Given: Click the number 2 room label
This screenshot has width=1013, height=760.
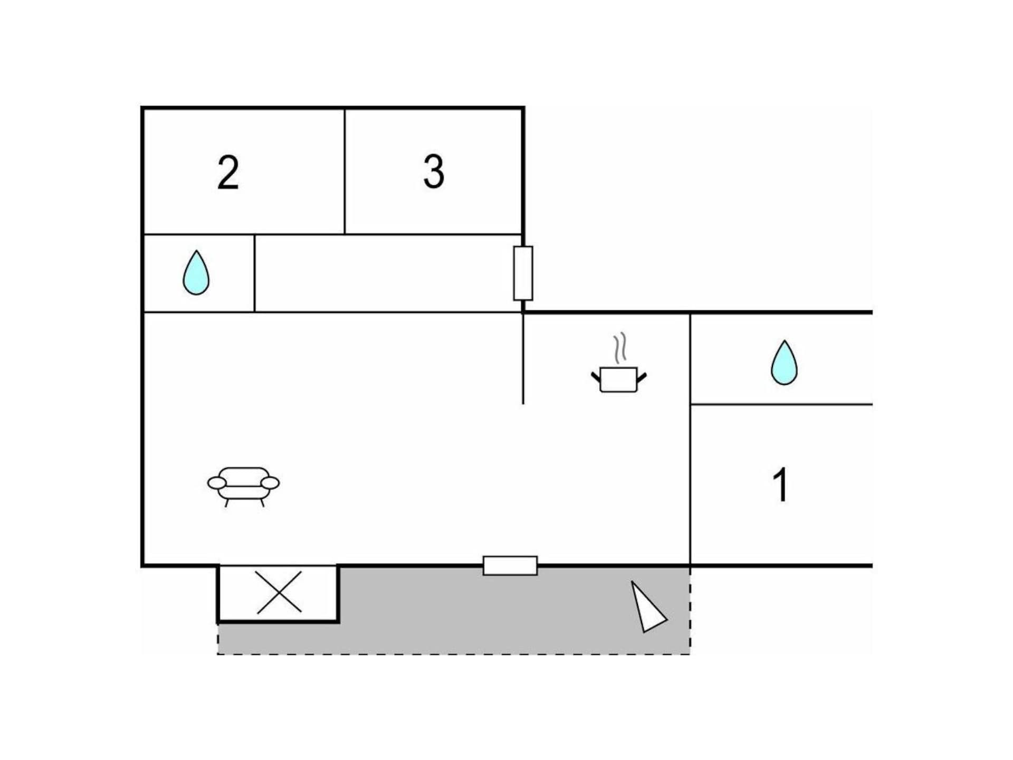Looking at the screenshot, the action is (x=228, y=173).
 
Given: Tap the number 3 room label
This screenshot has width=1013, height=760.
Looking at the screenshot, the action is (x=434, y=172).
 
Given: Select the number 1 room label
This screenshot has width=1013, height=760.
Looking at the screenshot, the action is (x=780, y=484).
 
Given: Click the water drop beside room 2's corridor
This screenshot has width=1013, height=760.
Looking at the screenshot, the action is (x=196, y=272).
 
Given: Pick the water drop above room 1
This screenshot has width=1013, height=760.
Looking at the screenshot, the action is (x=783, y=362).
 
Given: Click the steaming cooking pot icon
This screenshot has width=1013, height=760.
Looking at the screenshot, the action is (x=619, y=363).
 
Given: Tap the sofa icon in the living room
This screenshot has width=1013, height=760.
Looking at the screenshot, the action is (x=243, y=487).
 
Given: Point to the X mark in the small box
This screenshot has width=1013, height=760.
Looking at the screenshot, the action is (x=279, y=592).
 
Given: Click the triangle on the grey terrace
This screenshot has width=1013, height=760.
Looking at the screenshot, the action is (x=648, y=607).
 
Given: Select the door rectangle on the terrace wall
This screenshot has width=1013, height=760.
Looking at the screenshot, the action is (x=510, y=565).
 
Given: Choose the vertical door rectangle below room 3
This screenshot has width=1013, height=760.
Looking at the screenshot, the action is (x=523, y=273).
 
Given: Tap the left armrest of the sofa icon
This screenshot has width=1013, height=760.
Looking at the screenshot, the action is (x=217, y=483).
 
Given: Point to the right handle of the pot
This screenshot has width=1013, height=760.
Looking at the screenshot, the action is (x=642, y=377).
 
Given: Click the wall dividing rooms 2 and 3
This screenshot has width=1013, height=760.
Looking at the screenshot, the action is (x=345, y=172).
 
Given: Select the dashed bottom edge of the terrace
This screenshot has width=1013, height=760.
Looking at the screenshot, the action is (x=454, y=654).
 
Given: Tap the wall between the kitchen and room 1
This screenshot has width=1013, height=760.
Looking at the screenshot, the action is (x=690, y=439).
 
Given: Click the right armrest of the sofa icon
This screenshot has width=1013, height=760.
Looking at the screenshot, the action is (x=270, y=483).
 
